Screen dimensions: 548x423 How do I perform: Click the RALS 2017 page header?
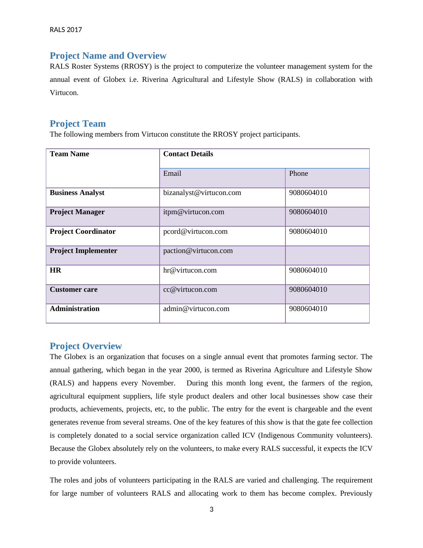[66, 30]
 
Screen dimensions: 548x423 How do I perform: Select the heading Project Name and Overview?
[108, 56]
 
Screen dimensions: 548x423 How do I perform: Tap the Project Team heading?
[78, 123]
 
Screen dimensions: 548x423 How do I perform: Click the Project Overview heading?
[86, 346]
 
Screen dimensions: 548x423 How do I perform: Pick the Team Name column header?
[69, 154]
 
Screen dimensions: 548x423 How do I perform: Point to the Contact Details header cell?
[188, 154]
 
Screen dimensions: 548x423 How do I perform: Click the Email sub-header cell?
[172, 173]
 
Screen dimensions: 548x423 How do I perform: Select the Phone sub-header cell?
[298, 173]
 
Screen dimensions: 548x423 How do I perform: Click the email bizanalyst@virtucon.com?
[202, 193]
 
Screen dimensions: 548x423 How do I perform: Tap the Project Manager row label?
[77, 212]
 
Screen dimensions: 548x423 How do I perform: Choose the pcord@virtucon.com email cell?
[195, 231]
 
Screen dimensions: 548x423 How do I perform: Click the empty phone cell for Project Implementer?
[327, 255]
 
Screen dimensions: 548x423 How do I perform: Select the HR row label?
[55, 270]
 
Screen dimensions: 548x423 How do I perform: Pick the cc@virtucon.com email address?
[190, 289]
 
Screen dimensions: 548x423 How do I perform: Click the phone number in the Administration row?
[308, 309]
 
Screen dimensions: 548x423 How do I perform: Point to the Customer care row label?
[74, 289]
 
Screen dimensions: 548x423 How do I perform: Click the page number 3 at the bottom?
[211, 510]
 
